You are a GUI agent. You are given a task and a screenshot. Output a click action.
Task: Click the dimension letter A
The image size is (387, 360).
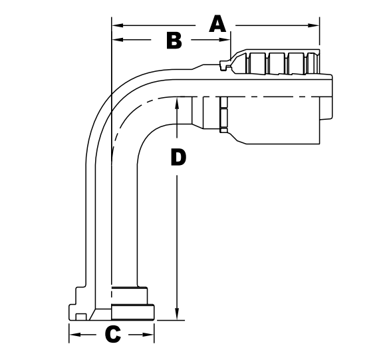tap(217, 25)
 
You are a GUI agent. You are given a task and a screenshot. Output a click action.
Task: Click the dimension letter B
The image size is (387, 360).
tap(174, 41)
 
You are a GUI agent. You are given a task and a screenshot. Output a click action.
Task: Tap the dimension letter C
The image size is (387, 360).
tap(113, 334)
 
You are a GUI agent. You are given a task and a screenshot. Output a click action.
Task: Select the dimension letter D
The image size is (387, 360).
tap(178, 157)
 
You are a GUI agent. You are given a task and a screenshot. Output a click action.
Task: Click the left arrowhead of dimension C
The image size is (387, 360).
tap(74, 334)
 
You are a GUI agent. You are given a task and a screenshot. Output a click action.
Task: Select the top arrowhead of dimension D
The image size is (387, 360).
tap(178, 103)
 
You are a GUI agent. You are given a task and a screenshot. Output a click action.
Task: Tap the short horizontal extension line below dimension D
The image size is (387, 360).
tap(170, 321)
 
